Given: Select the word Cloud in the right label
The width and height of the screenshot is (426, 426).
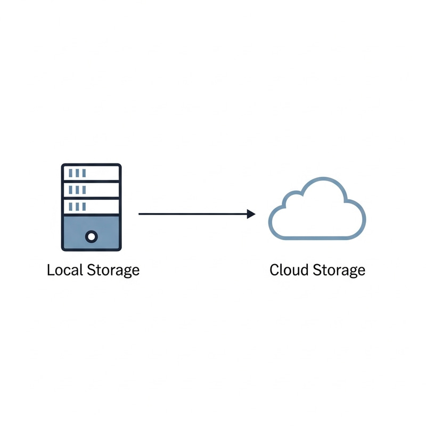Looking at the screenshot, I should tap(288, 270).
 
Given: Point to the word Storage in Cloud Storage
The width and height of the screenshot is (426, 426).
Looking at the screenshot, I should tap(339, 271).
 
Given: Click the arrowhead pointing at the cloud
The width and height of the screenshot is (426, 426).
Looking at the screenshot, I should tap(251, 214).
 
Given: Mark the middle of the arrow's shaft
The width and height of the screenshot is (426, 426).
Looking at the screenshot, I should tap(194, 214).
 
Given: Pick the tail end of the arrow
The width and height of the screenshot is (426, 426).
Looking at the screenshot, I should tap(140, 214).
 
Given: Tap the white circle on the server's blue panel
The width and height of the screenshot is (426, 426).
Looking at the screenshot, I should tap(92, 235).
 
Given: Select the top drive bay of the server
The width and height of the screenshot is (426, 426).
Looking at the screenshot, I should tap(92, 173).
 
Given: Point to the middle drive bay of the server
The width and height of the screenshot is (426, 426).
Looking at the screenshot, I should tap(92, 190).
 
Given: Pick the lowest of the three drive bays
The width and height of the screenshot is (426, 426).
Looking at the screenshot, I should tap(92, 206).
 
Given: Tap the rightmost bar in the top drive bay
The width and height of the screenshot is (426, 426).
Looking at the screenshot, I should tap(84, 173).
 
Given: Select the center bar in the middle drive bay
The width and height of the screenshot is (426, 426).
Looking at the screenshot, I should tap(78, 190).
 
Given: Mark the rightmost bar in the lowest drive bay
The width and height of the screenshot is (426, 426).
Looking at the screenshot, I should tap(84, 206).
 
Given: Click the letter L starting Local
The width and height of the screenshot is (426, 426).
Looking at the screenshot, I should tap(50, 270).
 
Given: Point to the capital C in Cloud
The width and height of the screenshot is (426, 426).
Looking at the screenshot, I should tap(275, 270).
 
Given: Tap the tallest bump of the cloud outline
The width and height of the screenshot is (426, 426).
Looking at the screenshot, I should tap(322, 180).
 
